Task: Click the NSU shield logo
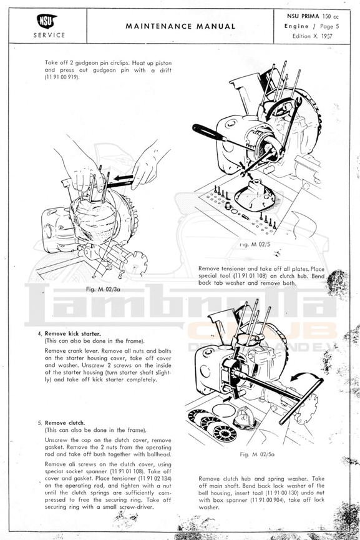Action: (46, 21)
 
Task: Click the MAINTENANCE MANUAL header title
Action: (180, 26)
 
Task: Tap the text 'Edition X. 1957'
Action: (312, 36)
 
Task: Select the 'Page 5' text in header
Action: (329, 26)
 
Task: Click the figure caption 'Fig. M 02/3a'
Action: (103, 289)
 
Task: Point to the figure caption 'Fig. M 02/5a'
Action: (257, 454)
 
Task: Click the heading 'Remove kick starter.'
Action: (72, 333)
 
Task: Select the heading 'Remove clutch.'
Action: (65, 423)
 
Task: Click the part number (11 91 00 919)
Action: (62, 77)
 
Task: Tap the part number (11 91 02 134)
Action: (155, 478)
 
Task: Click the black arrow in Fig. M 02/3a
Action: (122, 178)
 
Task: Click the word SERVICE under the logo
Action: (49, 35)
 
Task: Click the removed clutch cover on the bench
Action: (255, 195)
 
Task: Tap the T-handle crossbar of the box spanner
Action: (301, 401)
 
